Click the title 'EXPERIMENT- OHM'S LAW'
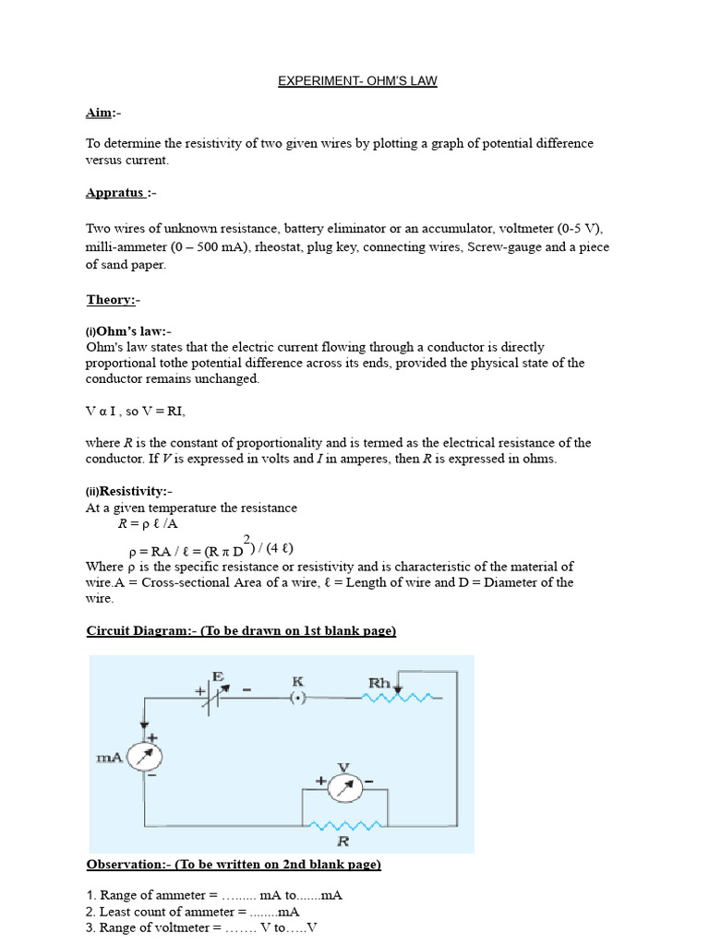tap(357, 81)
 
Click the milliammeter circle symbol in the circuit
tap(144, 757)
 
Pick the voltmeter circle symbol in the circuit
tap(342, 782)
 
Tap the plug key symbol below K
tap(298, 699)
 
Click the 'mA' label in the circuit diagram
tap(110, 758)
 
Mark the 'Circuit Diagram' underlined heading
tap(241, 631)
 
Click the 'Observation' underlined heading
tap(234, 865)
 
